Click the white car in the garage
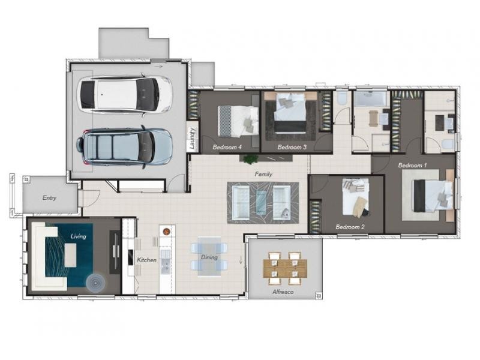click(x=125, y=95)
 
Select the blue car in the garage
click(x=125, y=147)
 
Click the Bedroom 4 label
click(x=227, y=147)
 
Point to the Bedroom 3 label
click(x=292, y=147)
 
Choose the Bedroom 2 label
click(x=350, y=227)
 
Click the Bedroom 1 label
click(x=412, y=166)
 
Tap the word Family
click(x=263, y=174)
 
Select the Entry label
click(x=49, y=198)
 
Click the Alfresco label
click(x=283, y=292)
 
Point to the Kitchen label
click(x=146, y=260)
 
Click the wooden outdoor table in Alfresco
click(x=285, y=268)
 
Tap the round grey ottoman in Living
click(x=95, y=283)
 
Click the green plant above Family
click(x=251, y=159)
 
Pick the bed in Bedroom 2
click(x=355, y=198)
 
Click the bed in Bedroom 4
click(x=238, y=121)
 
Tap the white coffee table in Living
click(x=70, y=255)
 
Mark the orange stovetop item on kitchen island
click(x=166, y=232)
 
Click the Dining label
click(x=209, y=257)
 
